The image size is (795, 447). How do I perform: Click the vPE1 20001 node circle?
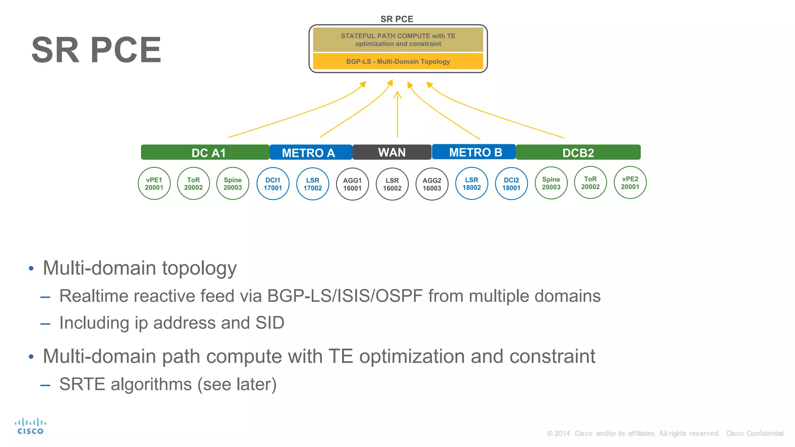coord(154,184)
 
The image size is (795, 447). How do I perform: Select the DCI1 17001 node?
coord(273,184)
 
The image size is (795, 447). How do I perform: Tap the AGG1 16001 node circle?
coord(352,184)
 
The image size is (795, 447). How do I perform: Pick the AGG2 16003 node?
coord(432,184)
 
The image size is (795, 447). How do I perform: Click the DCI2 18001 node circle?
coord(511,184)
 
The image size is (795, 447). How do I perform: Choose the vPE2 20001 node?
coord(630,183)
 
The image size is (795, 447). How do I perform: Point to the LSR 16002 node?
coord(392,184)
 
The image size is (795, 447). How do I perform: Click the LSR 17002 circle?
coord(312,184)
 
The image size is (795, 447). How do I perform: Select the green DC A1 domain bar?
coord(205,152)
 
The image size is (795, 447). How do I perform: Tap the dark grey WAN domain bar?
coord(392,152)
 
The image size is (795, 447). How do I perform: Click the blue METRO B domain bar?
coord(474,152)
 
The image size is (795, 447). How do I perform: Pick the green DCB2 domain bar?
coord(578,152)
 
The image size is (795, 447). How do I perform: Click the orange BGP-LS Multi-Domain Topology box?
coord(398,61)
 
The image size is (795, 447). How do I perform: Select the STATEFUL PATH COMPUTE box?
coord(398,40)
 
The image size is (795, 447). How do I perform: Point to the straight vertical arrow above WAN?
coord(397,114)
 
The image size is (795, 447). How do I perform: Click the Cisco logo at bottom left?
coord(30,426)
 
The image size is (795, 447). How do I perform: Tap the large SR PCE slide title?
coord(96,50)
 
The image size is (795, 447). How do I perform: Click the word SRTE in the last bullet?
coord(82,385)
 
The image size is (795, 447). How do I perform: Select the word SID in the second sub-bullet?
coord(270,323)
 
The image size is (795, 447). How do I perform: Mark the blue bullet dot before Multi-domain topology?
coord(31,269)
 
